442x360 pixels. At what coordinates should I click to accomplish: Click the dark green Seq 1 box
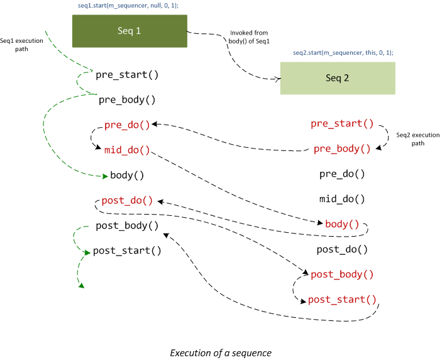coord(130,31)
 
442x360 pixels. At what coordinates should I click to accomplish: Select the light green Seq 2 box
coord(338,79)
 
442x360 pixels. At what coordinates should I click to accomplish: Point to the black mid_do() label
coord(342,200)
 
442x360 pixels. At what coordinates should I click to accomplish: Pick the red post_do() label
coord(128,201)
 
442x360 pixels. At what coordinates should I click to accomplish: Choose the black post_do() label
coord(342,249)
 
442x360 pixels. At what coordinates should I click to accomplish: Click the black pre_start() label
coord(127,75)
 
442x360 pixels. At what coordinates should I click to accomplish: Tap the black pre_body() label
coord(127,99)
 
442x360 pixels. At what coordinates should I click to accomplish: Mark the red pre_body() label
coord(342,149)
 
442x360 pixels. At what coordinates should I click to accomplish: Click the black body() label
coord(128,176)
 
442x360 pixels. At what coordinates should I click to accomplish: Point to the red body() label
coord(342,224)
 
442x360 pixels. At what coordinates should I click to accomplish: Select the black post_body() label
coord(127,225)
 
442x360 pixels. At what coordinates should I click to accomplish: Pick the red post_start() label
coord(342,299)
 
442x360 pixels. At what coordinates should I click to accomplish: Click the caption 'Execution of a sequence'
coord(221,352)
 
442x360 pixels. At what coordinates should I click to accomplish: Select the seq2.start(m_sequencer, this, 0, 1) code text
coord(343,53)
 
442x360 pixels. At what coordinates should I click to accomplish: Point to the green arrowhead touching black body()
coord(105,176)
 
